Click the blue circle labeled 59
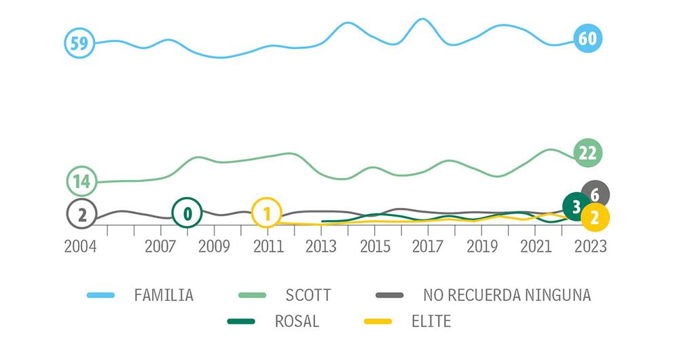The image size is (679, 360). [x=79, y=43]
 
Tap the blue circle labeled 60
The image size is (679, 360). [x=587, y=39]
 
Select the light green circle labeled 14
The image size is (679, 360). [x=81, y=181]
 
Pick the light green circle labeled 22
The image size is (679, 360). [x=587, y=153]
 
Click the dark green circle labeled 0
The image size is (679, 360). [x=187, y=213]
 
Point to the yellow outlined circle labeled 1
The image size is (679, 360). [x=267, y=213]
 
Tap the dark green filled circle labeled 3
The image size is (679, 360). [x=576, y=207]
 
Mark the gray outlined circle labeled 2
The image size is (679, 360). [x=81, y=215]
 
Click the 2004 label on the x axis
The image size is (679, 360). [x=81, y=246]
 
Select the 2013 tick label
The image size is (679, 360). [x=320, y=246]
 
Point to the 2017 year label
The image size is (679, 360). [x=428, y=246]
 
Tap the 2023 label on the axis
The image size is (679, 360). [x=589, y=246]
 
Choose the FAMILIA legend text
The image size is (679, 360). [x=164, y=295]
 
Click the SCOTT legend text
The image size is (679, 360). [x=308, y=295]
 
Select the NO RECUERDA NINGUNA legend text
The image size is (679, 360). [x=507, y=295]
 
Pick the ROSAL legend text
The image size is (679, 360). [x=297, y=321]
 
